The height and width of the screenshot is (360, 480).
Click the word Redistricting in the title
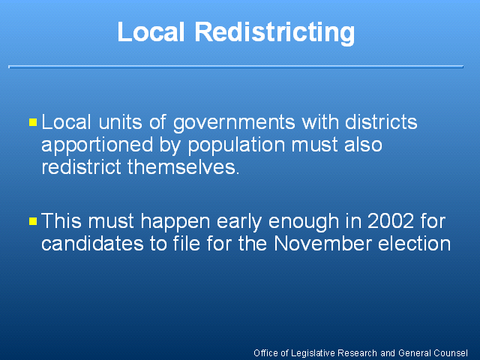274,32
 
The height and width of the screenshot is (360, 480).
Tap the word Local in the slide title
151,31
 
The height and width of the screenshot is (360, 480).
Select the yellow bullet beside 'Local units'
33,122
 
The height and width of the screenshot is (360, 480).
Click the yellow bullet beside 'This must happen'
33,221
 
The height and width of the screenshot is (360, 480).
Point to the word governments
234,123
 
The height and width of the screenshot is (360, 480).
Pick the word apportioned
97,145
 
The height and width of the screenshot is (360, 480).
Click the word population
236,145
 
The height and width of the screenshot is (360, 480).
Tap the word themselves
183,167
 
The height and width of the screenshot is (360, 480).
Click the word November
322,244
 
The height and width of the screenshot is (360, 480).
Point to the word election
414,244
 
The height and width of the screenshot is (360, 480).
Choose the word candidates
92,244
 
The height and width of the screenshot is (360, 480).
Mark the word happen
175,222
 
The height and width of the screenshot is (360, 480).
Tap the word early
239,222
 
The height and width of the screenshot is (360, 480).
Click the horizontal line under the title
236,67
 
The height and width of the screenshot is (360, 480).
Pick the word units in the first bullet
120,121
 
